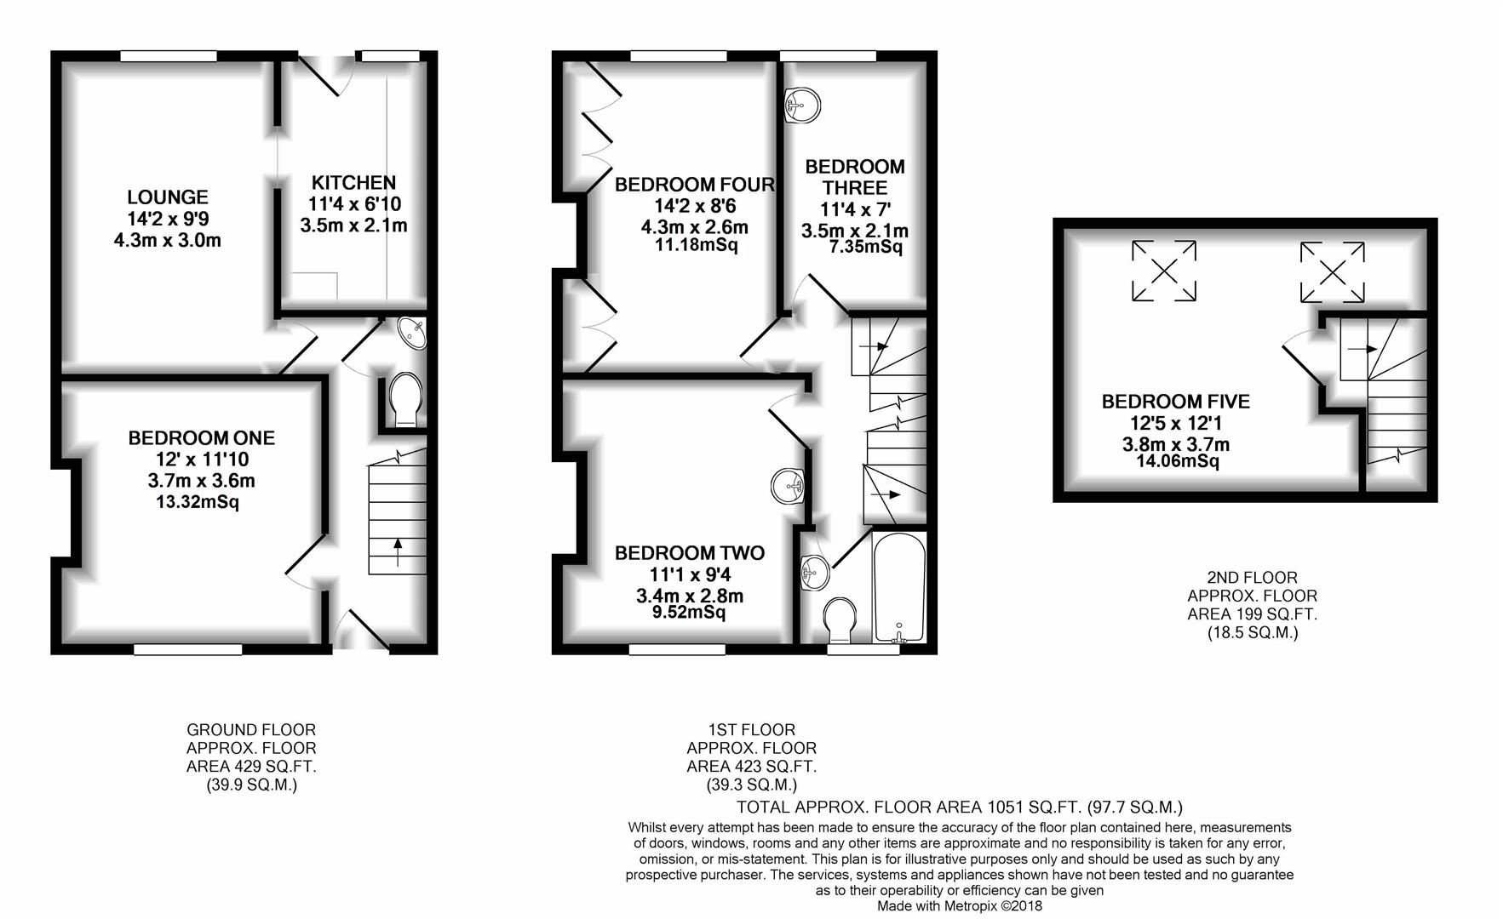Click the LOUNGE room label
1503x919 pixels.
pos(168,197)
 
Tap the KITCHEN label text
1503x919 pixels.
pos(353,183)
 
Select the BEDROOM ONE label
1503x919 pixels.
pos(202,438)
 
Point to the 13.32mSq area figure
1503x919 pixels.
pos(198,502)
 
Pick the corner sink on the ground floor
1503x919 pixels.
pos(412,333)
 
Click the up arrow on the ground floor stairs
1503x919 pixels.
pos(397,552)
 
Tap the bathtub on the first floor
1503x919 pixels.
pos(899,586)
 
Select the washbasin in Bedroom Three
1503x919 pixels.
pos(801,106)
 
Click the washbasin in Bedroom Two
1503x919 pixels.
pos(789,486)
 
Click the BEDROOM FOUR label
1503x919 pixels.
pos(695,185)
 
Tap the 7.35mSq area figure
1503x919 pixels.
pos(865,248)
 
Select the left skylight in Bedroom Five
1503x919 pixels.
pos(1164,271)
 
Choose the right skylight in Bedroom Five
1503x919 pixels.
pos(1332,272)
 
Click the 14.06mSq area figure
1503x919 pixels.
pos(1178,461)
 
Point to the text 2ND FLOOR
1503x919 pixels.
pos(1253,578)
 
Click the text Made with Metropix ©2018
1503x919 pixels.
pos(960,906)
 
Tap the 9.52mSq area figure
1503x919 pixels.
pos(684,613)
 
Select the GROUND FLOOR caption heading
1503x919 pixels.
pos(251,730)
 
